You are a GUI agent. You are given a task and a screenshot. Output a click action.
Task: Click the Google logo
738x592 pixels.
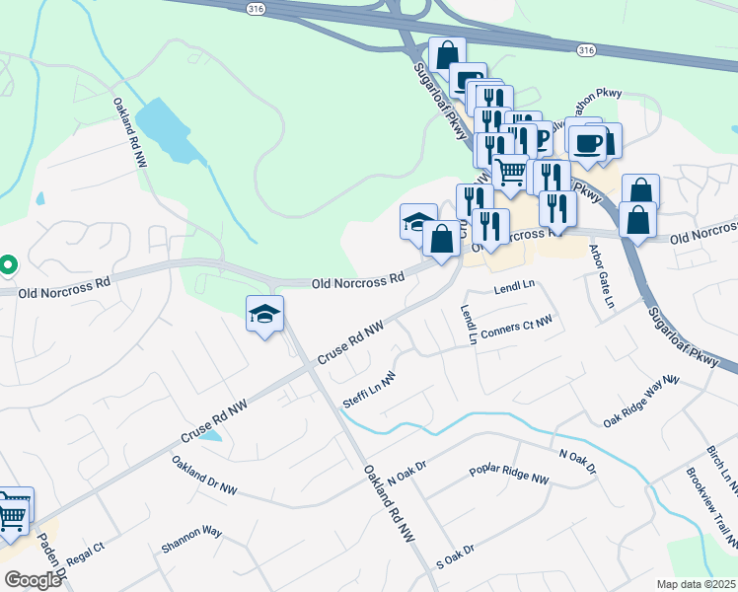tap(33, 580)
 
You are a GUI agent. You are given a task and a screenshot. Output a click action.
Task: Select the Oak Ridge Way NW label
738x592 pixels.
tap(641, 402)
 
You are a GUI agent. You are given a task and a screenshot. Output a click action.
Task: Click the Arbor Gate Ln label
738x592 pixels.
tap(601, 277)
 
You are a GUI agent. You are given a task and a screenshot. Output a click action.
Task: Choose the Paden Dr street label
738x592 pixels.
tap(51, 559)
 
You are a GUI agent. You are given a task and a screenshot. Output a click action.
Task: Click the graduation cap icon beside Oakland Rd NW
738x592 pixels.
tap(264, 312)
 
